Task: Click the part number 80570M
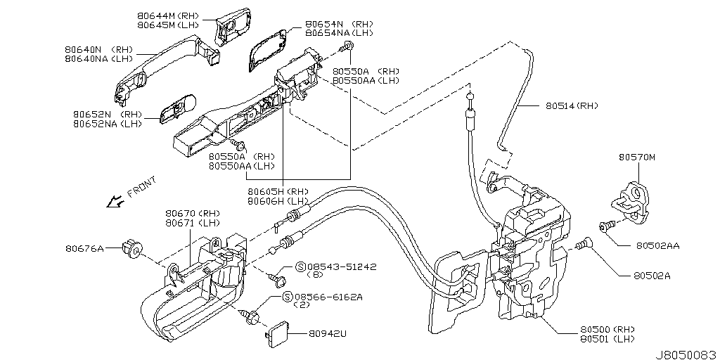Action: pyautogui.click(x=636, y=157)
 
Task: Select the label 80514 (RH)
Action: pyautogui.click(x=571, y=106)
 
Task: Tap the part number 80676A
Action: pyautogui.click(x=85, y=247)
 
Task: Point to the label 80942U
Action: pyautogui.click(x=328, y=334)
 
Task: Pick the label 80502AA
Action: pyautogui.click(x=657, y=246)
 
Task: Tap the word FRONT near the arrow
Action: pyautogui.click(x=143, y=188)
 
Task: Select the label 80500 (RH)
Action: pyautogui.click(x=606, y=329)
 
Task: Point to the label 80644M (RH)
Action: pyautogui.click(x=167, y=14)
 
